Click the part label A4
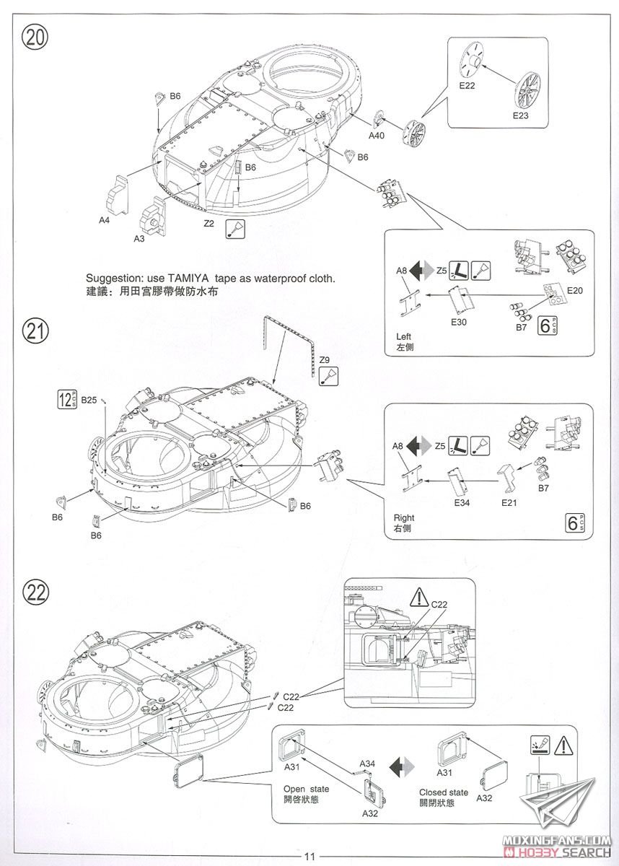(x=105, y=220)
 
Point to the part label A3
(x=139, y=238)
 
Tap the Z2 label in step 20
(x=209, y=224)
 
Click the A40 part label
(x=377, y=136)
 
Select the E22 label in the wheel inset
(x=467, y=86)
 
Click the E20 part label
(x=574, y=290)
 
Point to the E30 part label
(x=459, y=322)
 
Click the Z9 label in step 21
(x=325, y=360)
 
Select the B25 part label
(x=89, y=399)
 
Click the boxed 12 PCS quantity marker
(x=67, y=398)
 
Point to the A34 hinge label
(x=367, y=764)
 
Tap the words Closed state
(x=444, y=792)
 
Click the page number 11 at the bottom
(x=309, y=857)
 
